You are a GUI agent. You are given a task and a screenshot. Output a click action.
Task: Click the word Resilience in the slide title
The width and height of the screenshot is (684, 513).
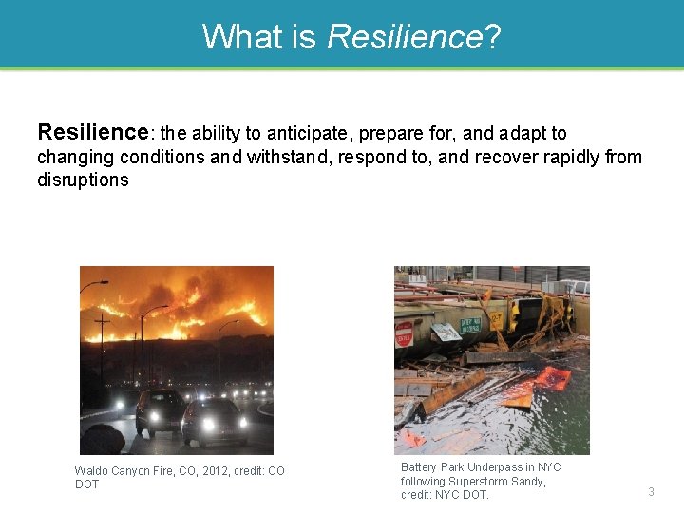click(404, 37)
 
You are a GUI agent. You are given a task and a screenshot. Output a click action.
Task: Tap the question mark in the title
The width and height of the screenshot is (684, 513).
click(492, 37)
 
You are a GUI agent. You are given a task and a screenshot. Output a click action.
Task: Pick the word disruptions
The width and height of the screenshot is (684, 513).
click(83, 180)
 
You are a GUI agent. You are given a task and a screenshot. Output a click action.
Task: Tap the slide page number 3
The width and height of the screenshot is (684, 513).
click(652, 491)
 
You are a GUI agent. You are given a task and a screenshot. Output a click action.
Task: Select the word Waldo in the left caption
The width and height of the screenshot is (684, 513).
click(93, 471)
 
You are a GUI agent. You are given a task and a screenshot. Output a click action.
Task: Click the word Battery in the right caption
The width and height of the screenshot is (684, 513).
click(422, 467)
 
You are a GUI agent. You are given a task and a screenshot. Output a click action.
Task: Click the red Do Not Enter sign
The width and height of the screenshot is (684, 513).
click(405, 334)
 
